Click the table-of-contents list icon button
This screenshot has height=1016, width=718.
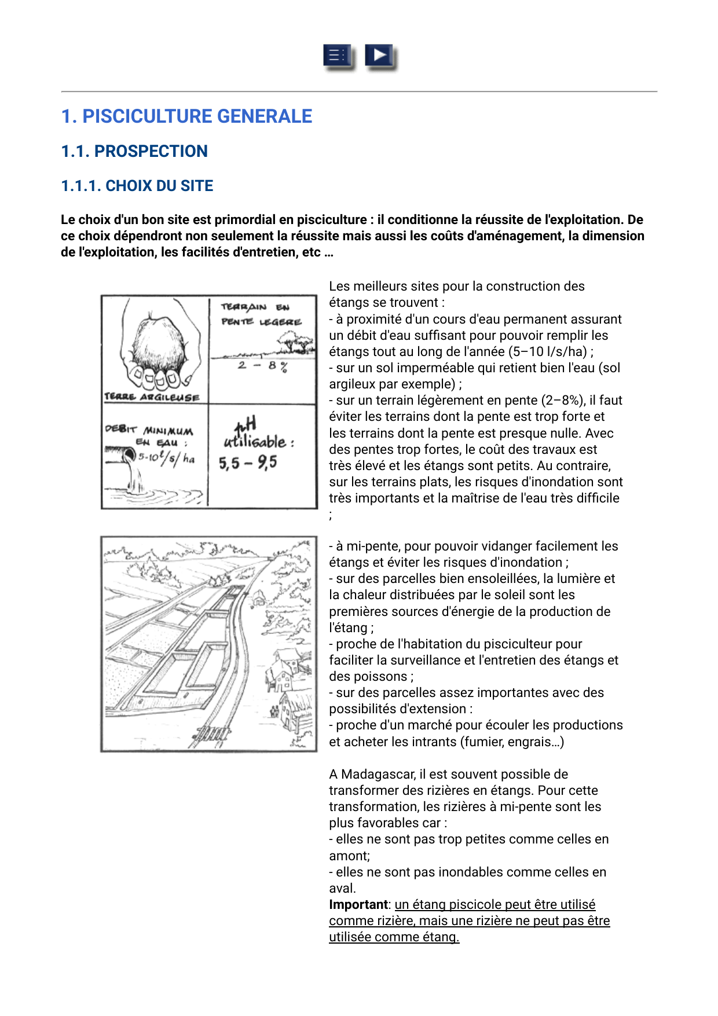[338, 56]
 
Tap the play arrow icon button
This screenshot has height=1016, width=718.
[379, 56]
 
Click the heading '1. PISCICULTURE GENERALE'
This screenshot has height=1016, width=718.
[186, 116]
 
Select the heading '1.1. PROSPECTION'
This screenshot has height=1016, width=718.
[134, 151]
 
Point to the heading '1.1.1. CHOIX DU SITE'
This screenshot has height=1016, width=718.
[137, 186]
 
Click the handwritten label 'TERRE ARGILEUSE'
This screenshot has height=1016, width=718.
[152, 397]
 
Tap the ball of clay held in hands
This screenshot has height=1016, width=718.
[160, 342]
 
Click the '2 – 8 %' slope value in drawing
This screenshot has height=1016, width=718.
[262, 366]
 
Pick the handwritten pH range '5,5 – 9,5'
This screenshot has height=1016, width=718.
[248, 463]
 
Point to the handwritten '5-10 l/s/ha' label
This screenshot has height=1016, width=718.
[166, 458]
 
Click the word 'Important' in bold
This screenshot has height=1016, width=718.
[358, 905]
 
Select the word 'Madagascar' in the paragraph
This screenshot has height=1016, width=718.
[374, 775]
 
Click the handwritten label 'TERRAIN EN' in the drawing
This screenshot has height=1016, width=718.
[255, 307]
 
